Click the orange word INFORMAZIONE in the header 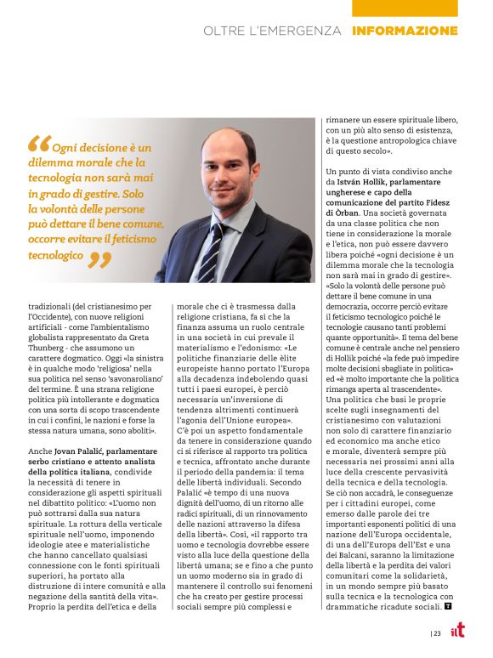(405, 31)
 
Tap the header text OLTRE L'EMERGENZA (271, 31)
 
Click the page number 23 (436, 632)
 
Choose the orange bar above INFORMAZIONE (405, 8)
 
